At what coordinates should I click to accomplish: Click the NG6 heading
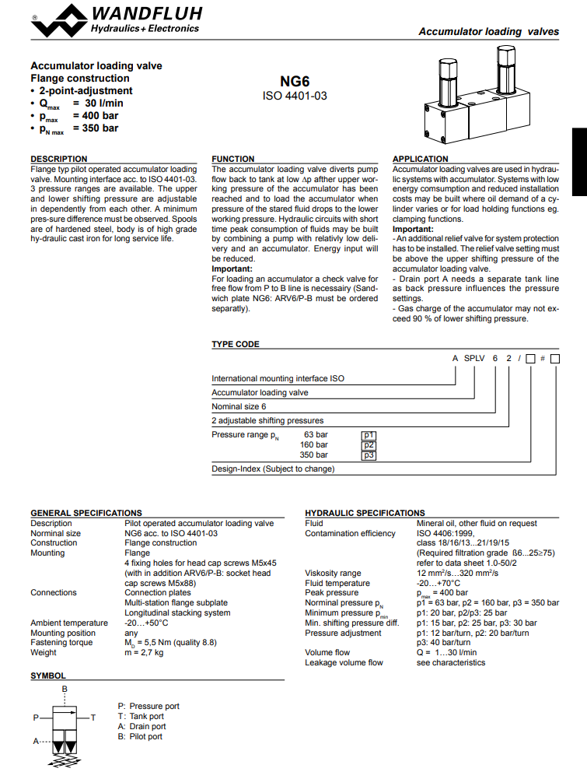[295, 81]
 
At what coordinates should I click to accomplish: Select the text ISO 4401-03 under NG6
[295, 96]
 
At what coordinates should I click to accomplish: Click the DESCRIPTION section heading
[58, 159]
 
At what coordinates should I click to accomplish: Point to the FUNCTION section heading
[233, 159]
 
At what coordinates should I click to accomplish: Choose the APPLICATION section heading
[421, 159]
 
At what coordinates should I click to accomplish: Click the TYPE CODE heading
[236, 344]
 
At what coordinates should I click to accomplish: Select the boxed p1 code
[369, 435]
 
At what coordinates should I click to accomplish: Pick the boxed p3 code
[369, 455]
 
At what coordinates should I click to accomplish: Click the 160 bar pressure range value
[314, 445]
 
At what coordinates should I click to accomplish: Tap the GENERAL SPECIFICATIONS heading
[86, 513]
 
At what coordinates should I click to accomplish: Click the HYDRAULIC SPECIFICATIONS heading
[365, 513]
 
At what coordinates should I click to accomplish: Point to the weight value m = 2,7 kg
[144, 652]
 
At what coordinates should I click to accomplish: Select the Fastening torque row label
[61, 643]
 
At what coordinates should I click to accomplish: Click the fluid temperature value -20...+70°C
[439, 583]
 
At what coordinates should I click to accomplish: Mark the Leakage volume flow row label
[344, 662]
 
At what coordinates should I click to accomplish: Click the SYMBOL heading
[48, 676]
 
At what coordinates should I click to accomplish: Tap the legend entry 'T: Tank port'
[141, 716]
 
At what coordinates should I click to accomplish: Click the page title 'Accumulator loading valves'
[488, 32]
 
